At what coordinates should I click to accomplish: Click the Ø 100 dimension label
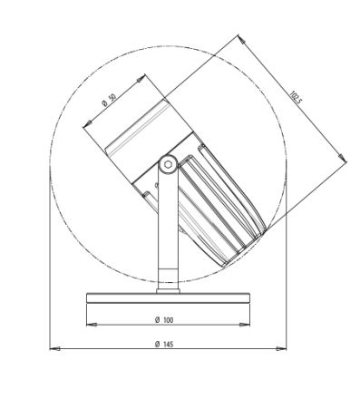coord(164,320)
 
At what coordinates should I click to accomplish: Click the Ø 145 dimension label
coord(164,344)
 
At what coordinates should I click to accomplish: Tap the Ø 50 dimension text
coord(109,100)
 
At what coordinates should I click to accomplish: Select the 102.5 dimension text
coord(296,97)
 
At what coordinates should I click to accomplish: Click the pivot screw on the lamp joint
coord(168,165)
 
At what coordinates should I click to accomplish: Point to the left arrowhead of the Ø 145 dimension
coord(54,348)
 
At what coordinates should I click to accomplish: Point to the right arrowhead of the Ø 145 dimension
coord(281,348)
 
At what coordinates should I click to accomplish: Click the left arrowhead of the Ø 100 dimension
coord(92,325)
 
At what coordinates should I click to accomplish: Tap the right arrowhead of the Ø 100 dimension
coord(245,325)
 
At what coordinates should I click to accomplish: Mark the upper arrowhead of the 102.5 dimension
coord(241,39)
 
